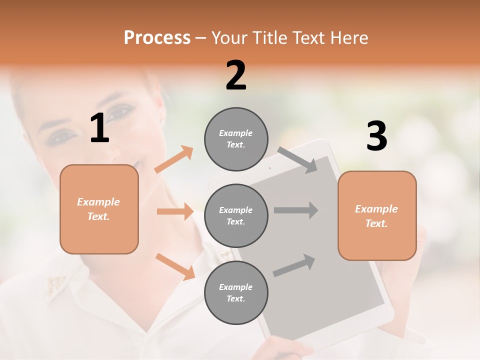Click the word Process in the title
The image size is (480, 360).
coord(157,38)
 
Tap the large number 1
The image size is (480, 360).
coord(99,129)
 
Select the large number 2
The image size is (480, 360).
coord(236,76)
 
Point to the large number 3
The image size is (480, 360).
coord(376,137)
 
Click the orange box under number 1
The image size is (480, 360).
coord(99,209)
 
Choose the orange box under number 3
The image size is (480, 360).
coord(377,216)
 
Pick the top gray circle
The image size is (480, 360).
coord(236,139)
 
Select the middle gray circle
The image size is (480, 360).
coord(236,215)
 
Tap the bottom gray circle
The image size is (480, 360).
coord(236,292)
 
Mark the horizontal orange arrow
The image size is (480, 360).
coord(175,211)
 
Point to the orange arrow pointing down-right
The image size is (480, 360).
coord(175,266)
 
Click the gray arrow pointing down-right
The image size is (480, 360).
coord(297,160)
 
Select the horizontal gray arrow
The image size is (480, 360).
coord(296,210)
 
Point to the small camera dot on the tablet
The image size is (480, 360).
coord(270,168)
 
